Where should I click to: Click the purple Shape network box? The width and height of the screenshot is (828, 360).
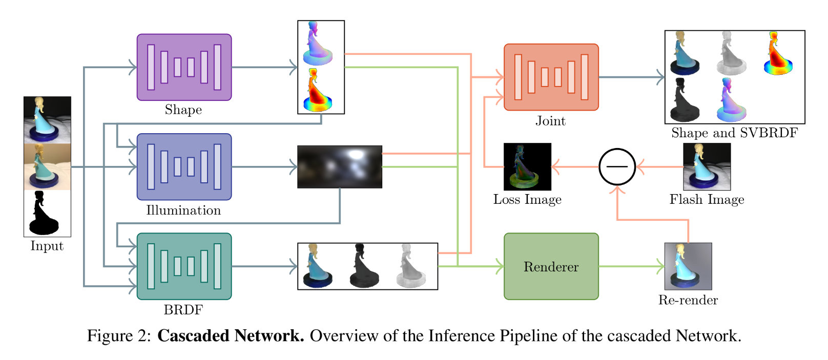pyautogui.click(x=184, y=67)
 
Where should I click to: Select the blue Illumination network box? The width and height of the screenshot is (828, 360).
pyautogui.click(x=184, y=166)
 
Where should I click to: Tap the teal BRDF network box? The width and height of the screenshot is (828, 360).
pyautogui.click(x=184, y=266)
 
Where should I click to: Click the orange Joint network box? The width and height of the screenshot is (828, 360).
pyautogui.click(x=551, y=77)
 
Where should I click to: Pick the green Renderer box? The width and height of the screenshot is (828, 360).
pyautogui.click(x=551, y=266)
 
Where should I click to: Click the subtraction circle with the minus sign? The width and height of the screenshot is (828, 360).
pyautogui.click(x=617, y=166)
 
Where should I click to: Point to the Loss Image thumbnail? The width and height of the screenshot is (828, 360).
pyautogui.click(x=527, y=166)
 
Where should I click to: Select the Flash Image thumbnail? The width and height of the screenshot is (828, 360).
pyautogui.click(x=707, y=166)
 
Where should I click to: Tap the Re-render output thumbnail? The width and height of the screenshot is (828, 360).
pyautogui.click(x=688, y=266)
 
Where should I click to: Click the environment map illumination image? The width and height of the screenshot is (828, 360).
pyautogui.click(x=339, y=166)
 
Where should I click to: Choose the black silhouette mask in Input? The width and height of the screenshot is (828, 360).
pyautogui.click(x=47, y=213)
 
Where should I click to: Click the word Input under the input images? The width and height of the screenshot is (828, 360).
pyautogui.click(x=47, y=246)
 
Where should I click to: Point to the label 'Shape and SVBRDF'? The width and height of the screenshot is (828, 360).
pyautogui.click(x=734, y=133)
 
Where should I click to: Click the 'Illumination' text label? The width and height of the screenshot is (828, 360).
pyautogui.click(x=183, y=210)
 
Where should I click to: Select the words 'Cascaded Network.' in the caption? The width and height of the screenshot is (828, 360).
pyautogui.click(x=231, y=336)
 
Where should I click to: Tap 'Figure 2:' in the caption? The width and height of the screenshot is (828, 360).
pyautogui.click(x=119, y=336)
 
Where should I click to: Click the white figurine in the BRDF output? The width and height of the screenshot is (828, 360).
pyautogui.click(x=411, y=266)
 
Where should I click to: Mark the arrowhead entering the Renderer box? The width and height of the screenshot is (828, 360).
pyautogui.click(x=501, y=266)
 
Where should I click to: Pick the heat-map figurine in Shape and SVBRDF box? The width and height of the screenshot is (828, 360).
pyautogui.click(x=778, y=53)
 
